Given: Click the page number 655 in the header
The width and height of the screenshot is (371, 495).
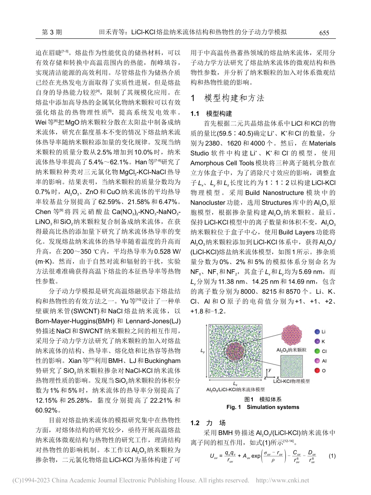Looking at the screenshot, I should click(324, 33).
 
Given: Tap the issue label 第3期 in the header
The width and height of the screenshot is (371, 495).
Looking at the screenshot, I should click(52, 32).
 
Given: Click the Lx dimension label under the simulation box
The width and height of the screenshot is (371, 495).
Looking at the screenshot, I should click(235, 385).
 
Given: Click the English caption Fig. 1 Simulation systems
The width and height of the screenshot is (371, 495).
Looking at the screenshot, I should click(262, 407).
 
